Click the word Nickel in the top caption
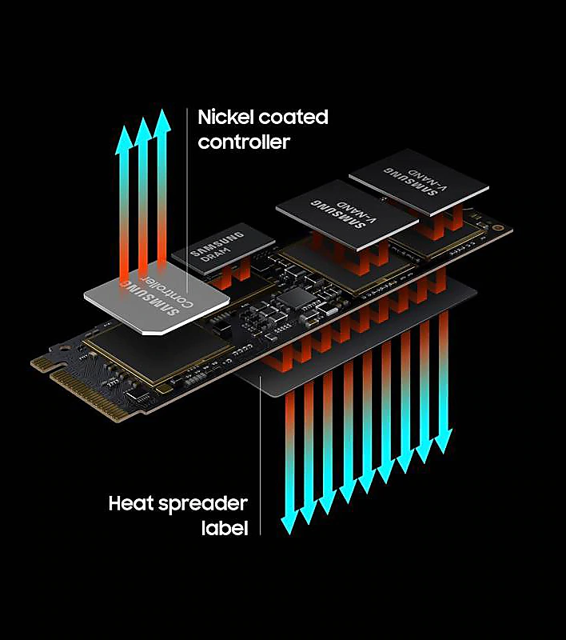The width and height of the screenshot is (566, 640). point(226,117)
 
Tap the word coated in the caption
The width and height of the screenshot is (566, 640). point(293,117)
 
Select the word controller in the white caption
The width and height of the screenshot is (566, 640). point(244,142)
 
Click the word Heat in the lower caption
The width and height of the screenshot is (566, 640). point(131,503)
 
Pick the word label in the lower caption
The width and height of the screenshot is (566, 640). point(225,527)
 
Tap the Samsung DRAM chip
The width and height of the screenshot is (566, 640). point(224,248)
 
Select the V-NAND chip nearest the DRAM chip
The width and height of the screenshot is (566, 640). point(347,214)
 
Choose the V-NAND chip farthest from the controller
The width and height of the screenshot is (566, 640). point(419,182)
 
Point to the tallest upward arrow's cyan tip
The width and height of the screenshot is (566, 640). point(162,110)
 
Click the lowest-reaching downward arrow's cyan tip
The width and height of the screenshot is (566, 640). point(289,534)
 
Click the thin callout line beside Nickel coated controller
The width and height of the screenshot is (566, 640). point(187,200)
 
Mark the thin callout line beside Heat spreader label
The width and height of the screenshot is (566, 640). point(260,455)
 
